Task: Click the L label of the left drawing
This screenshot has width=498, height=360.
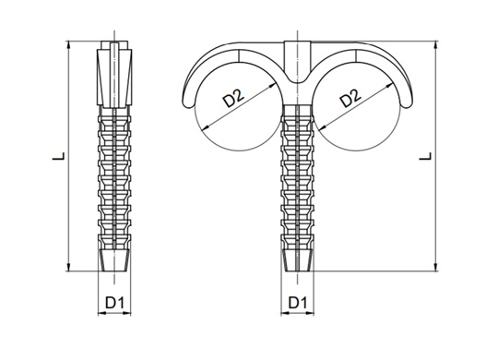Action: [x=59, y=156]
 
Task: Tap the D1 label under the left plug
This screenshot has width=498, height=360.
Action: [x=114, y=303]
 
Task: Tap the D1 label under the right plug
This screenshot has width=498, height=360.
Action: [x=297, y=303]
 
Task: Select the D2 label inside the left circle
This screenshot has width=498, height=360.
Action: [x=233, y=98]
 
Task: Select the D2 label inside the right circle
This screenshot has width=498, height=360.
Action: [x=350, y=98]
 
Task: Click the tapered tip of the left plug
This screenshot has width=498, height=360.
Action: [x=114, y=260]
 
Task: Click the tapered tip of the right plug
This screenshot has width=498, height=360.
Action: [x=297, y=260]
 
